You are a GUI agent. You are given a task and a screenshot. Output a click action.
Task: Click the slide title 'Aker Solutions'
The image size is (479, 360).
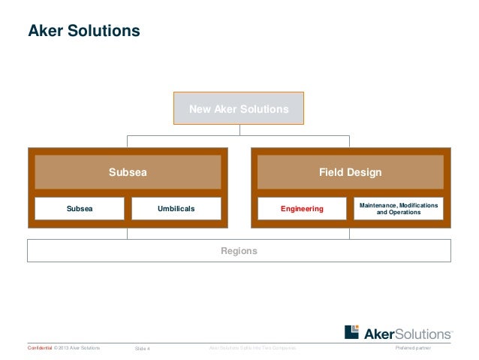click(x=83, y=32)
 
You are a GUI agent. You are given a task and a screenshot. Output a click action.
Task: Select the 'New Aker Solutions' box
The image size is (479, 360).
click(x=239, y=109)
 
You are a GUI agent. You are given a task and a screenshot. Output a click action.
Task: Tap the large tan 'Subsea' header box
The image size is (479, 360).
click(x=128, y=172)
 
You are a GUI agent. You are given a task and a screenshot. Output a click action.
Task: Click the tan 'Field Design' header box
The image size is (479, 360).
click(x=350, y=172)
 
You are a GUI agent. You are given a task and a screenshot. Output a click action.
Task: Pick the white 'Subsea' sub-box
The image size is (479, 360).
click(x=80, y=208)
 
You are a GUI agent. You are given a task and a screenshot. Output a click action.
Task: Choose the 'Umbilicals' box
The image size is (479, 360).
click(x=176, y=208)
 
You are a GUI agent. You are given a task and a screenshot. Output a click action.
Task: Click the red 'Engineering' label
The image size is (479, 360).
click(x=302, y=208)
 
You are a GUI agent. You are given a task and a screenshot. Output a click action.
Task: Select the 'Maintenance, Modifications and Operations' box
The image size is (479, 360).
click(x=399, y=208)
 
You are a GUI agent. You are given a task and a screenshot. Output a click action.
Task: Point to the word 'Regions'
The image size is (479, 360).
click(x=239, y=250)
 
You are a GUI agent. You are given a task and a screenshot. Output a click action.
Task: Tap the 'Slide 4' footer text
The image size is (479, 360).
click(x=142, y=349)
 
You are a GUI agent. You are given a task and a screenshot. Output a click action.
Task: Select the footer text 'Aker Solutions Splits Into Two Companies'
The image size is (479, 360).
click(x=252, y=349)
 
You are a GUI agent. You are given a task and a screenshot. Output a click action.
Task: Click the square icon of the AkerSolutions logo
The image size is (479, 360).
click(x=352, y=332)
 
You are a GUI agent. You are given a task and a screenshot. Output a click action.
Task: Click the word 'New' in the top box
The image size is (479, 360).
click(x=200, y=109)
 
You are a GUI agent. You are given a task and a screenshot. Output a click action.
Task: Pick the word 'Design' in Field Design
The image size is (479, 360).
click(x=364, y=172)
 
